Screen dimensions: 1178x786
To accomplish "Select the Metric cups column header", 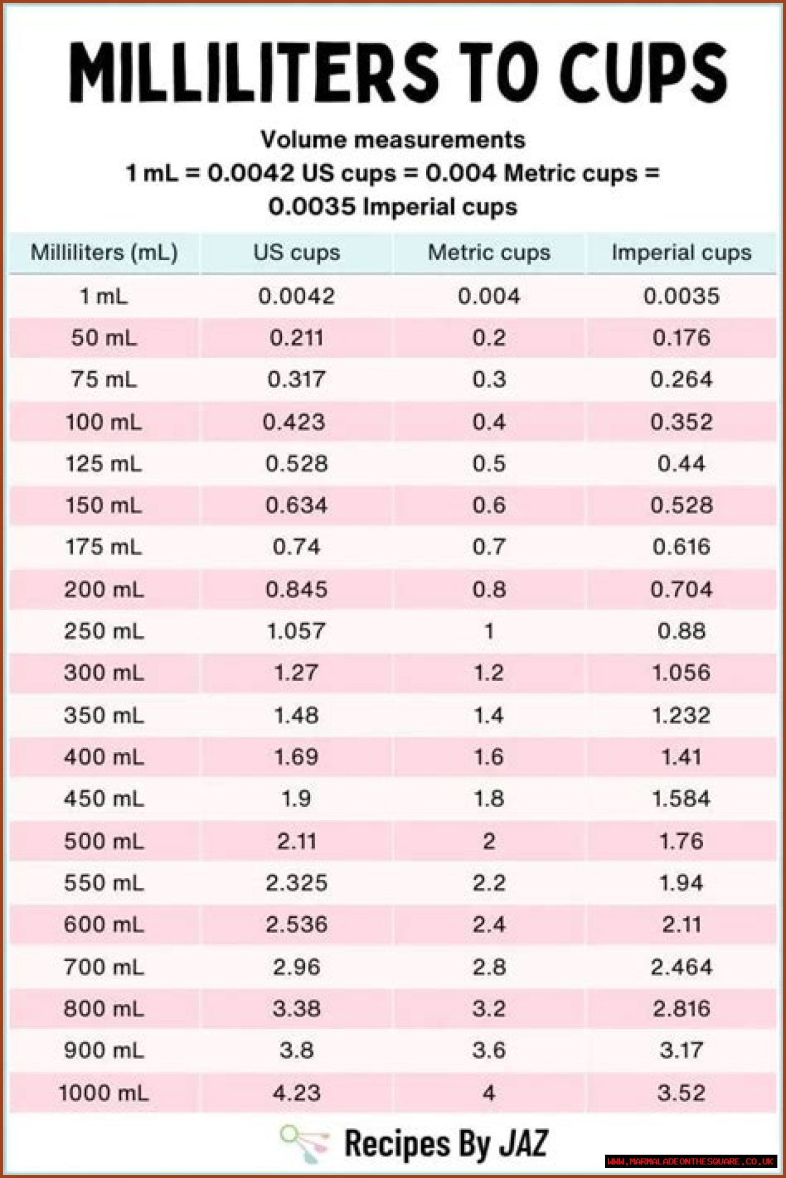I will [489, 252].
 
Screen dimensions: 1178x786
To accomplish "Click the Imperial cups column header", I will [681, 252].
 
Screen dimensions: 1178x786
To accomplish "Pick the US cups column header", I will [297, 252].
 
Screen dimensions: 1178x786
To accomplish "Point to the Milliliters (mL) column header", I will [104, 252].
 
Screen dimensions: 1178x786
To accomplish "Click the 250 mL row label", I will [104, 631].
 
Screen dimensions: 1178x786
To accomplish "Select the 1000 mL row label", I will [104, 1093].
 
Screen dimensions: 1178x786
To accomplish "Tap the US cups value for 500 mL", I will [297, 841].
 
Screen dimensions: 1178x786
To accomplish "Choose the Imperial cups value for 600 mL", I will [681, 925].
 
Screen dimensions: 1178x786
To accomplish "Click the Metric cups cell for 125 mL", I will [489, 463].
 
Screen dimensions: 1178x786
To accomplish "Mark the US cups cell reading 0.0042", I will [297, 296].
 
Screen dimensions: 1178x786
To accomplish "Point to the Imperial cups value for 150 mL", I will [681, 505].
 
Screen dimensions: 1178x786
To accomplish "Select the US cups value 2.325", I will [297, 883].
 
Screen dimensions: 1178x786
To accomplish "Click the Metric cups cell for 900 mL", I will [489, 1050].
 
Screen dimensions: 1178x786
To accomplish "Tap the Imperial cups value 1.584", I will [681, 798].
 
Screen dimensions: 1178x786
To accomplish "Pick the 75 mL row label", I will [104, 379].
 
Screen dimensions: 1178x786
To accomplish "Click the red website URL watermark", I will [690, 1161].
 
